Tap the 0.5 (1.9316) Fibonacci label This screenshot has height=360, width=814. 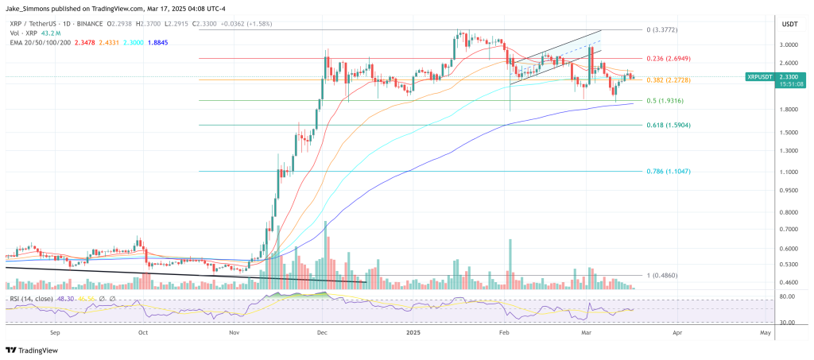(x=666, y=100)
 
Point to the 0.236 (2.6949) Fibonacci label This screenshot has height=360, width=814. (x=669, y=58)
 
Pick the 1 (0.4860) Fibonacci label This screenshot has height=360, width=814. (x=664, y=276)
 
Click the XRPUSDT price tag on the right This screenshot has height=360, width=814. (x=762, y=77)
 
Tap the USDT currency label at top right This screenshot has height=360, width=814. (x=790, y=24)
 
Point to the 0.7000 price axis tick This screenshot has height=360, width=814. (x=789, y=229)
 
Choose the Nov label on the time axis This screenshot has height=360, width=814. (x=234, y=335)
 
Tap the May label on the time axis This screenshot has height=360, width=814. (x=764, y=335)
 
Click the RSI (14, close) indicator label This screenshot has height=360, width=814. (x=32, y=298)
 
